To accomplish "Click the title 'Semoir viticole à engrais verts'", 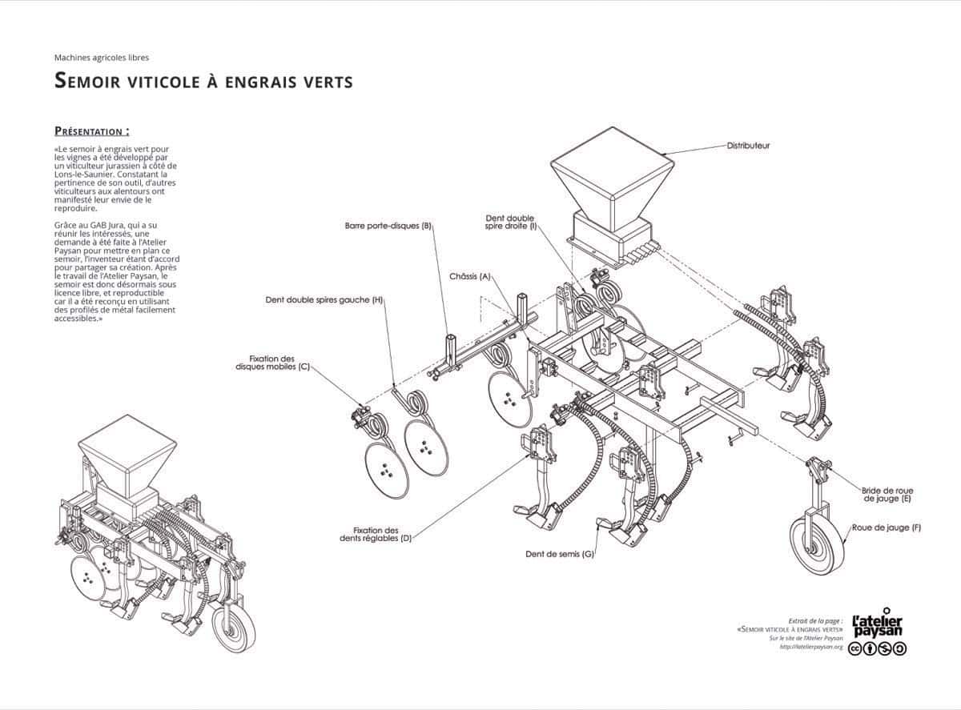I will (x=203, y=81).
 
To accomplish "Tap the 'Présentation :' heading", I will (x=91, y=131).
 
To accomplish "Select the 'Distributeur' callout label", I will (x=748, y=146).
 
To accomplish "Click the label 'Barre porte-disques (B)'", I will (x=388, y=226).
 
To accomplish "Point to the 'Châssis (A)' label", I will (x=470, y=276).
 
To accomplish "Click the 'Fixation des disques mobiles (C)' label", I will (x=272, y=363).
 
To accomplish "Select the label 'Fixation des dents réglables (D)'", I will (x=375, y=534).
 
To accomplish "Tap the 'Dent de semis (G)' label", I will (x=560, y=554).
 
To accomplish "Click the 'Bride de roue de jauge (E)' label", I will (x=887, y=494).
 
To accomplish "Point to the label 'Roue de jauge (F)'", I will (x=886, y=527).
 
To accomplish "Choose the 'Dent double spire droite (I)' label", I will (x=510, y=222).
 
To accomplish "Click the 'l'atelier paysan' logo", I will (x=878, y=626).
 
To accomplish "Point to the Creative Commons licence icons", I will (x=878, y=649).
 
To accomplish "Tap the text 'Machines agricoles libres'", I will (x=102, y=58).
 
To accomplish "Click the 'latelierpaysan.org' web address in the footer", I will (x=811, y=647).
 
